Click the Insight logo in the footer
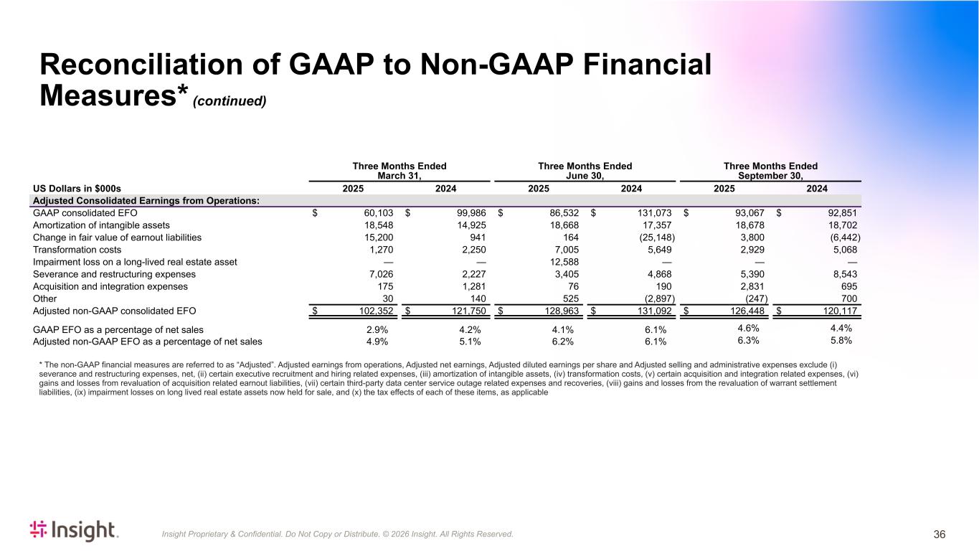(74, 530)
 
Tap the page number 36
(939, 534)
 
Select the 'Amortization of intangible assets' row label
(101, 225)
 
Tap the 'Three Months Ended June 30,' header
(585, 171)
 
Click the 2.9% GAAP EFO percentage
(377, 329)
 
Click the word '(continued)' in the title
(230, 101)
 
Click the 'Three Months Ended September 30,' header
(770, 171)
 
